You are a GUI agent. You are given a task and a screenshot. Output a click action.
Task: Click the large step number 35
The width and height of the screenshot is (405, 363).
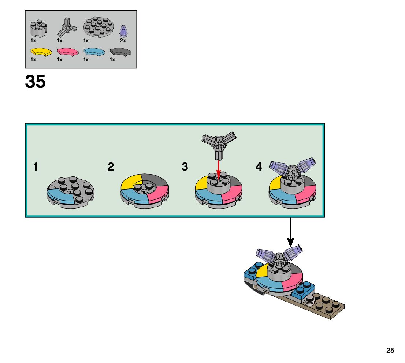point(36,82)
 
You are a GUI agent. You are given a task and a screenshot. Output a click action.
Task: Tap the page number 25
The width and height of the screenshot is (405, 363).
point(390,350)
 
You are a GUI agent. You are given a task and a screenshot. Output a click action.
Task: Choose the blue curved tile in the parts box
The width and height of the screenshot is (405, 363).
point(94,52)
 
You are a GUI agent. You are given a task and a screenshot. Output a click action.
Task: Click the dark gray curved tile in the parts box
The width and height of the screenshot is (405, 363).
point(121,52)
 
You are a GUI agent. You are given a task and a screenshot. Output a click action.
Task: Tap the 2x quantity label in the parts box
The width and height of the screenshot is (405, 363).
point(123,41)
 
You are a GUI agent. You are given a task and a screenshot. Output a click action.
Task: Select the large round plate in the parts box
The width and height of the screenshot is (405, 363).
point(98,27)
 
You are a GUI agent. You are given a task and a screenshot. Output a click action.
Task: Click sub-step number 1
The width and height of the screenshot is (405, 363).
point(36,167)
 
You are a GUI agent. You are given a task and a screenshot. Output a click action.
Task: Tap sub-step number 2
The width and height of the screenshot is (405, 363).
point(111,167)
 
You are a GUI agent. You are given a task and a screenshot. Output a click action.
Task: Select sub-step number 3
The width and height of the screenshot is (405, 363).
point(185,167)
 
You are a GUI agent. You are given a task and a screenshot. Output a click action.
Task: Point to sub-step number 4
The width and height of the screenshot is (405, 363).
point(259,167)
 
